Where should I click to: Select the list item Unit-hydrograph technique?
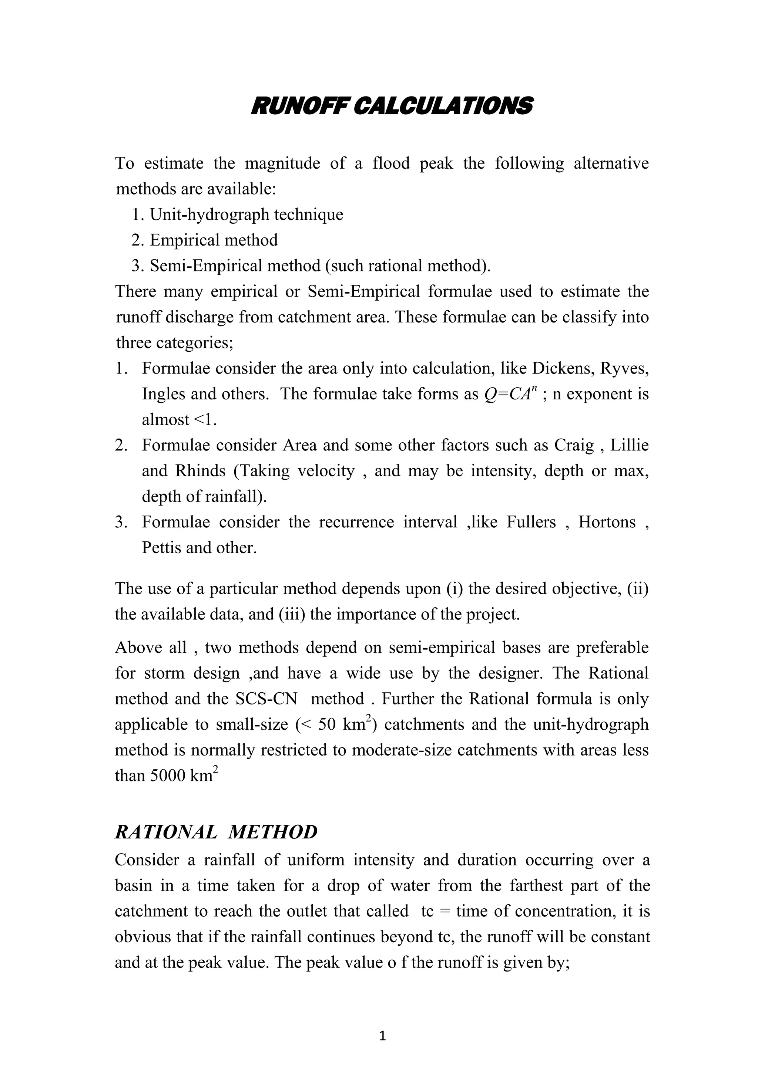pyautogui.click(x=246, y=214)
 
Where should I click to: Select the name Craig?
pyautogui.click(x=574, y=446)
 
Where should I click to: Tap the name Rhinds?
pyautogui.click(x=200, y=471)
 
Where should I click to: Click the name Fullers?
pyautogui.click(x=531, y=522)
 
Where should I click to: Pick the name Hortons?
pyautogui.click(x=607, y=522)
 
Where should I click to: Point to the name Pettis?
pyautogui.click(x=161, y=548)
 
